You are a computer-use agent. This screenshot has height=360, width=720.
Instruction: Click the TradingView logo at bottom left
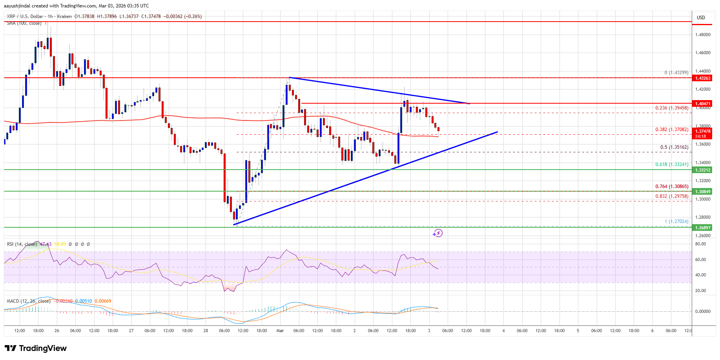(x=36, y=348)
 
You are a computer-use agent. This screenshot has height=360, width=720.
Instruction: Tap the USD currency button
(x=701, y=17)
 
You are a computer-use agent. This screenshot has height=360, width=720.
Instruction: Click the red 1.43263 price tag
(x=703, y=78)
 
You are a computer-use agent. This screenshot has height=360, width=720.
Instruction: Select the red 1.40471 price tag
(x=703, y=104)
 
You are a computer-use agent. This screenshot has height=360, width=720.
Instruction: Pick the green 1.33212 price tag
(x=703, y=170)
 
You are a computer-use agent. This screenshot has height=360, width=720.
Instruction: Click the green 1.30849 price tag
(x=703, y=192)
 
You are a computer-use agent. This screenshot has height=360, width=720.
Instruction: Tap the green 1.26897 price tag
(x=703, y=228)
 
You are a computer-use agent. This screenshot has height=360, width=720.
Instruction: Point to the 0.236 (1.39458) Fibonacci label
(x=672, y=108)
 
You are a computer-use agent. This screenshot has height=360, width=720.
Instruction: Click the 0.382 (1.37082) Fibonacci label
(x=672, y=130)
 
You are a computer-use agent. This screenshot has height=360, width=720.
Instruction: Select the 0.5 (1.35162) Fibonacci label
(x=674, y=147)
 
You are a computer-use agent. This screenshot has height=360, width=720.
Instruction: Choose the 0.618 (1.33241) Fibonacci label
(x=672, y=164)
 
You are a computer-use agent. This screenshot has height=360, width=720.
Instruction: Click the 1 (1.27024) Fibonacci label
(x=676, y=221)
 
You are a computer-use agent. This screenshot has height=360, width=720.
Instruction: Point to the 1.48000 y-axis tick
(x=703, y=35)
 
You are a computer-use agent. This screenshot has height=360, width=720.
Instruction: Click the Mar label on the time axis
(x=280, y=331)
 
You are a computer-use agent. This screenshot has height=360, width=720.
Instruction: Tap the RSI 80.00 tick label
(x=700, y=244)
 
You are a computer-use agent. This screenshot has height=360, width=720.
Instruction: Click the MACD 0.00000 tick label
(x=702, y=311)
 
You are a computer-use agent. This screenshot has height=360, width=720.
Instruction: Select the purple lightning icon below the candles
(x=437, y=233)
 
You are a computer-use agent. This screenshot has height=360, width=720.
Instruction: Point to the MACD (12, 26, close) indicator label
(x=28, y=301)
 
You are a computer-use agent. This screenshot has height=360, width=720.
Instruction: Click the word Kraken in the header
(x=64, y=16)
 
